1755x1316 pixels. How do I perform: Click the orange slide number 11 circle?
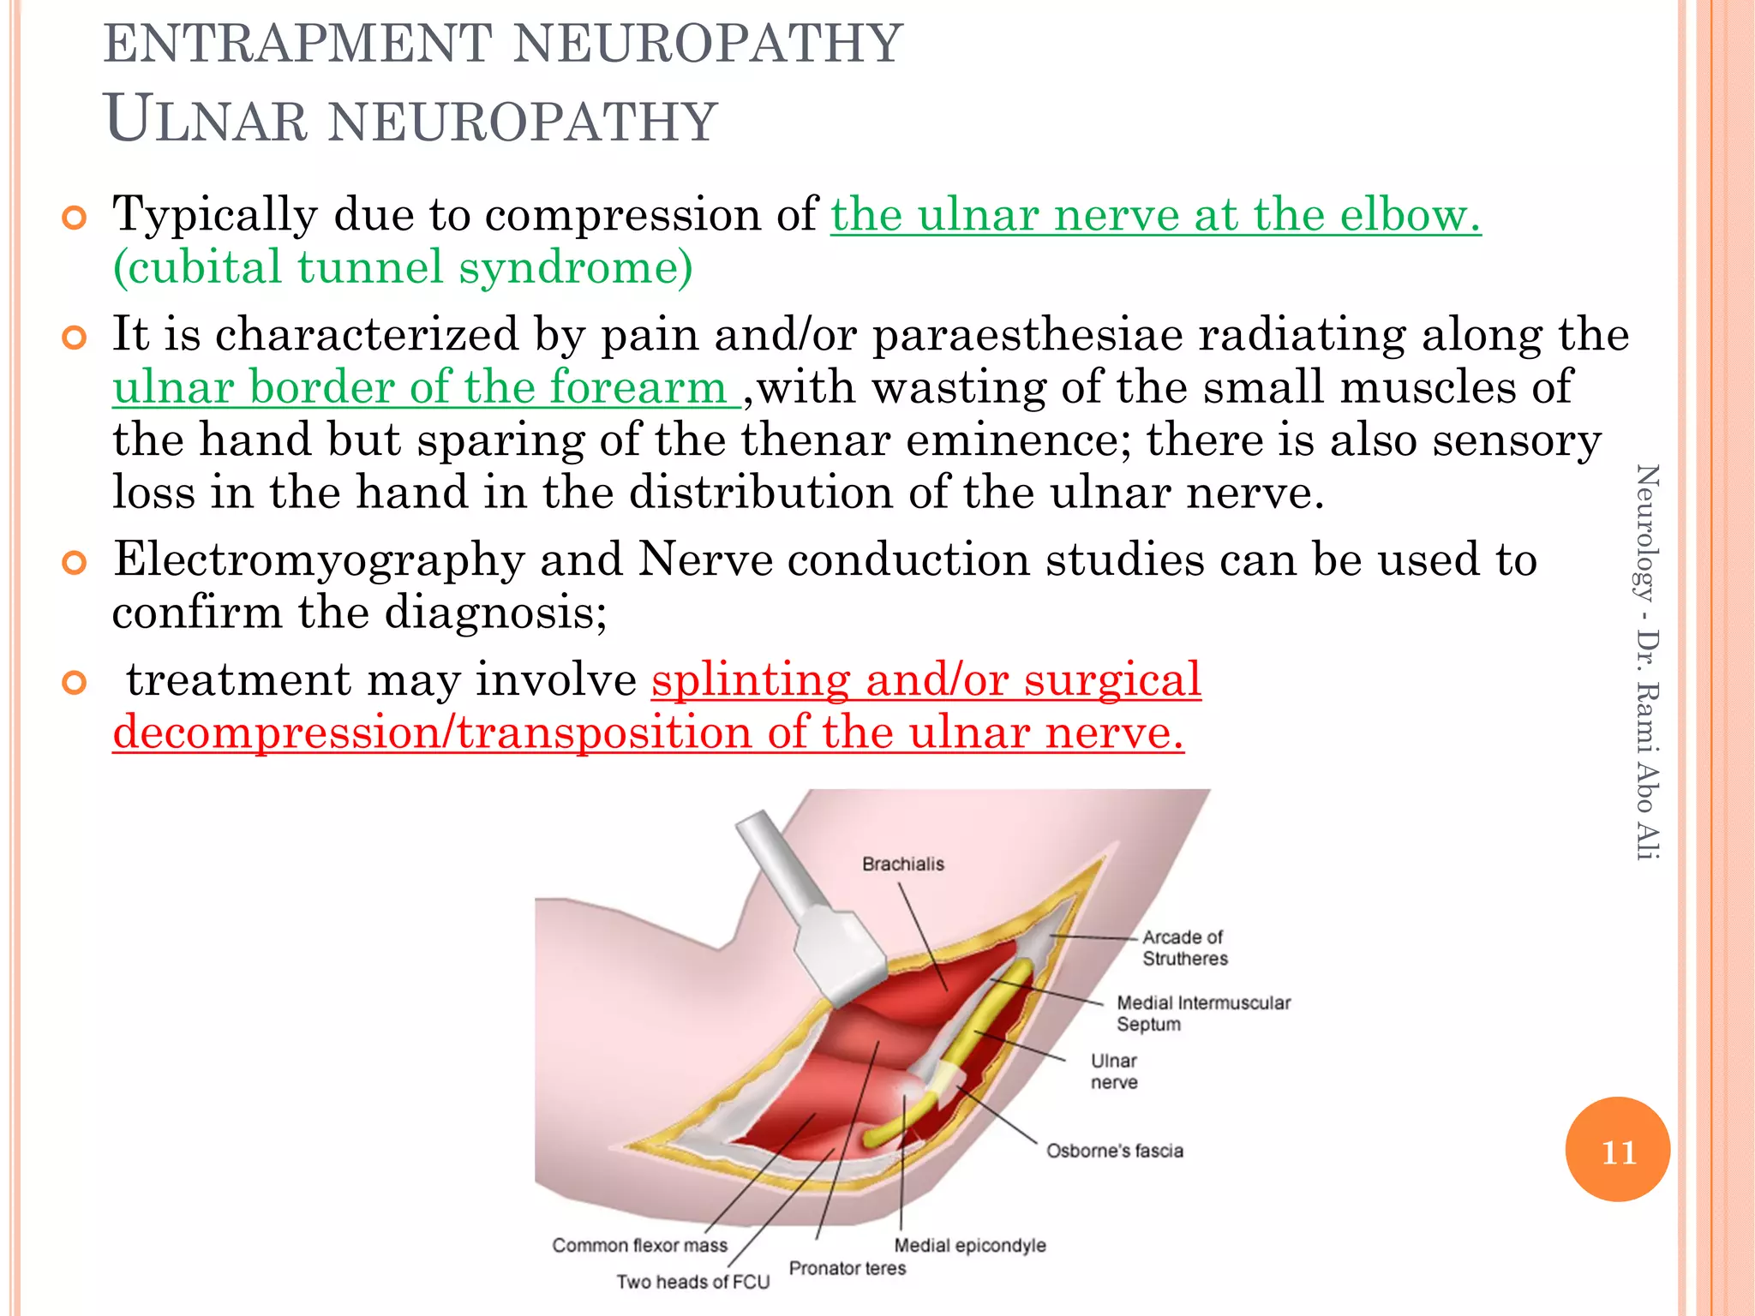[x=1617, y=1150]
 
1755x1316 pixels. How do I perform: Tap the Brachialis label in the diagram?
[x=903, y=864]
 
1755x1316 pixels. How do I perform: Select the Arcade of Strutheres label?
[x=1184, y=948]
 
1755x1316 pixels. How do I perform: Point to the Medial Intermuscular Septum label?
[x=1202, y=1013]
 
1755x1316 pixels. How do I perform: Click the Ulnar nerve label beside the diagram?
[x=1114, y=1071]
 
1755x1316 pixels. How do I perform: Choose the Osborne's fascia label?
[x=1114, y=1151]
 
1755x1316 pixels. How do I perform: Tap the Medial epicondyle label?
[x=970, y=1245]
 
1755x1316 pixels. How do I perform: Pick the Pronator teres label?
[x=847, y=1268]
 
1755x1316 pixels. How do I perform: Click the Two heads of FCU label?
[x=692, y=1282]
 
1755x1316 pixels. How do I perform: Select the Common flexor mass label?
[x=639, y=1245]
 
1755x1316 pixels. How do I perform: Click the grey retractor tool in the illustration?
[x=814, y=917]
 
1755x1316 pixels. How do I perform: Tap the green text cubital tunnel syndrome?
[x=403, y=267]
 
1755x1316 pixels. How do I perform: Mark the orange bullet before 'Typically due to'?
[x=75, y=218]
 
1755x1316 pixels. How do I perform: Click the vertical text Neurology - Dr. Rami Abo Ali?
[x=1647, y=661]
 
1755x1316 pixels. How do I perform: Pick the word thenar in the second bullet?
[x=816, y=440]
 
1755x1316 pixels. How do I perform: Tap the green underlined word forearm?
[x=638, y=387]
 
